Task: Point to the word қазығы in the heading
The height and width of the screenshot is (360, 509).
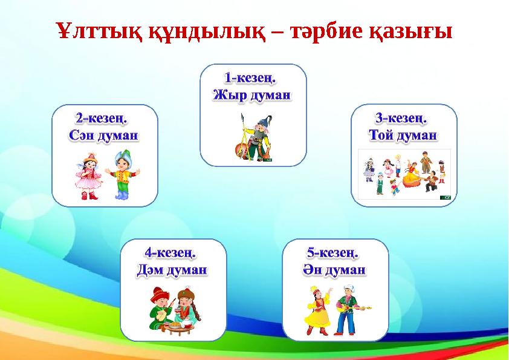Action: click(410, 31)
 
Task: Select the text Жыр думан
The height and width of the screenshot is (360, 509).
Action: click(252, 95)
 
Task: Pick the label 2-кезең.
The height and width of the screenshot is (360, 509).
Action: click(104, 118)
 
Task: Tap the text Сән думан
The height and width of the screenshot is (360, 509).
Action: click(104, 135)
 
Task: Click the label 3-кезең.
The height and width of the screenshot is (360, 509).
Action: click(401, 117)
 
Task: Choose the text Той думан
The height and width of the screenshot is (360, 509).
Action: click(403, 134)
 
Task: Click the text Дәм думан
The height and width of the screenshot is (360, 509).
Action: click(173, 269)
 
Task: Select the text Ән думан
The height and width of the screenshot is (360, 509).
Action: click(334, 269)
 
